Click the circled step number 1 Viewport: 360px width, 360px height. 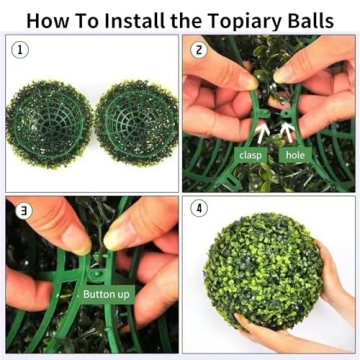coord(19,49)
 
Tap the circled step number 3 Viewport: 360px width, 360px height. coord(20,212)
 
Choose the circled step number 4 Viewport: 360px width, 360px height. coord(198,212)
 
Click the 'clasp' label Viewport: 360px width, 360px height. coord(249,155)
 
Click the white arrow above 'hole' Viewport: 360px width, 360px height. coord(289,130)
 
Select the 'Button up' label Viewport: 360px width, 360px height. coord(105,294)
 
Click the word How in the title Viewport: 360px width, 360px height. coord(46,19)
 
